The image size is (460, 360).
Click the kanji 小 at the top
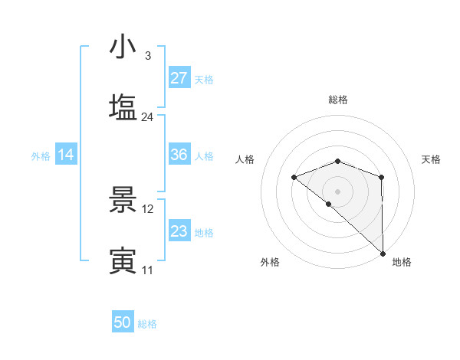click(123, 47)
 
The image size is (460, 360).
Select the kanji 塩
click(123, 105)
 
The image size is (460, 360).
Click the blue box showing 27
click(179, 78)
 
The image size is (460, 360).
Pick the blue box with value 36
click(179, 155)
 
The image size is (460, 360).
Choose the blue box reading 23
click(179, 231)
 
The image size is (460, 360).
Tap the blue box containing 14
click(66, 155)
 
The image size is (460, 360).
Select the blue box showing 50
click(123, 323)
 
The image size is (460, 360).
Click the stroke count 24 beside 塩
click(147, 117)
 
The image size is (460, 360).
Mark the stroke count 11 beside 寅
click(147, 270)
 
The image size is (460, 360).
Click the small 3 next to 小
click(147, 56)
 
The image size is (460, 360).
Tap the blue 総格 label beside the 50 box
click(147, 324)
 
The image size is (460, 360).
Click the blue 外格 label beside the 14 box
click(41, 155)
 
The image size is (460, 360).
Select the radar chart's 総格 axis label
click(338, 100)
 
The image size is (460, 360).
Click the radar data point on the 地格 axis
click(381, 252)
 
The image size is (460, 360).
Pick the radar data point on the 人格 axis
click(294, 178)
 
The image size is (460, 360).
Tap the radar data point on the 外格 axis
click(329, 204)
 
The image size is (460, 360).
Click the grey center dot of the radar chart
click(338, 191)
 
